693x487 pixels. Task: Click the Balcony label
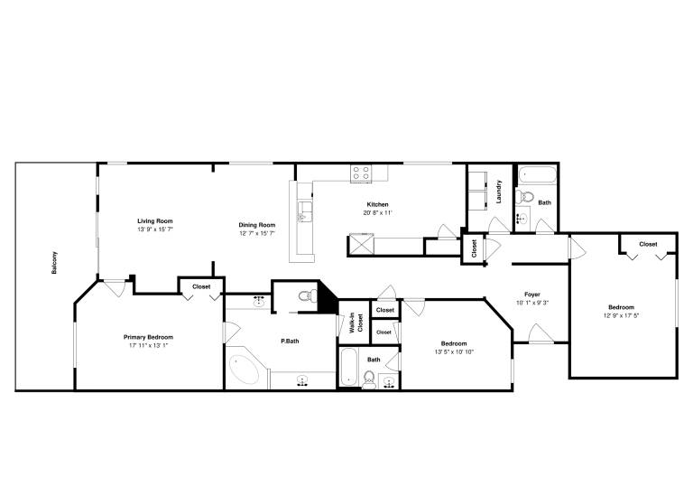click(x=54, y=263)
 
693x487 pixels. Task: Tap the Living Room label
click(x=155, y=221)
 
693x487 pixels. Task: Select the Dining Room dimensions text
click(x=257, y=233)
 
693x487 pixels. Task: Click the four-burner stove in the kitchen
click(x=362, y=173)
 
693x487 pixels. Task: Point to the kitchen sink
click(x=304, y=212)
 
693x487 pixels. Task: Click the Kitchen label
click(x=378, y=204)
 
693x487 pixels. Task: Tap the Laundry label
click(x=499, y=192)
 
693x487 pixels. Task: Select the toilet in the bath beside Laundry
click(x=524, y=196)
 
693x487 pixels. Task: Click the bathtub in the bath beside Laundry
click(x=537, y=174)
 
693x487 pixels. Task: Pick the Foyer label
click(x=532, y=295)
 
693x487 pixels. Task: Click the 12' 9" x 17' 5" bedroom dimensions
click(x=622, y=315)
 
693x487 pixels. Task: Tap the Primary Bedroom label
click(x=149, y=337)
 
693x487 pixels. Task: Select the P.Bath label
click(x=290, y=341)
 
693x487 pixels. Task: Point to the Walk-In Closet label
click(x=356, y=323)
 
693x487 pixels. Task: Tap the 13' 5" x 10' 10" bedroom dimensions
click(x=454, y=352)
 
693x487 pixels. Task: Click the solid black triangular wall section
click(x=327, y=295)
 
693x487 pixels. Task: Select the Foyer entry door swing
click(x=541, y=333)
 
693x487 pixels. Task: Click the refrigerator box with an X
click(x=362, y=244)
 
